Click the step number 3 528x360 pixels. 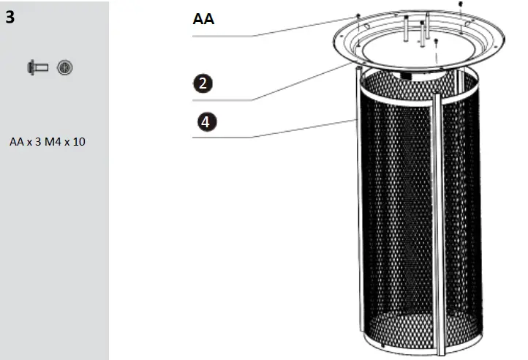[x=10, y=17]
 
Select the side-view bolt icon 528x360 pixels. [x=37, y=68]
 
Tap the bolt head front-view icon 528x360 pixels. [x=64, y=68]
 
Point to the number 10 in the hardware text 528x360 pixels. [x=79, y=141]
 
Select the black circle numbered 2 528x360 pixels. [x=206, y=83]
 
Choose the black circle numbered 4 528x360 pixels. [x=206, y=121]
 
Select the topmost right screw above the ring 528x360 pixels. [x=460, y=4]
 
